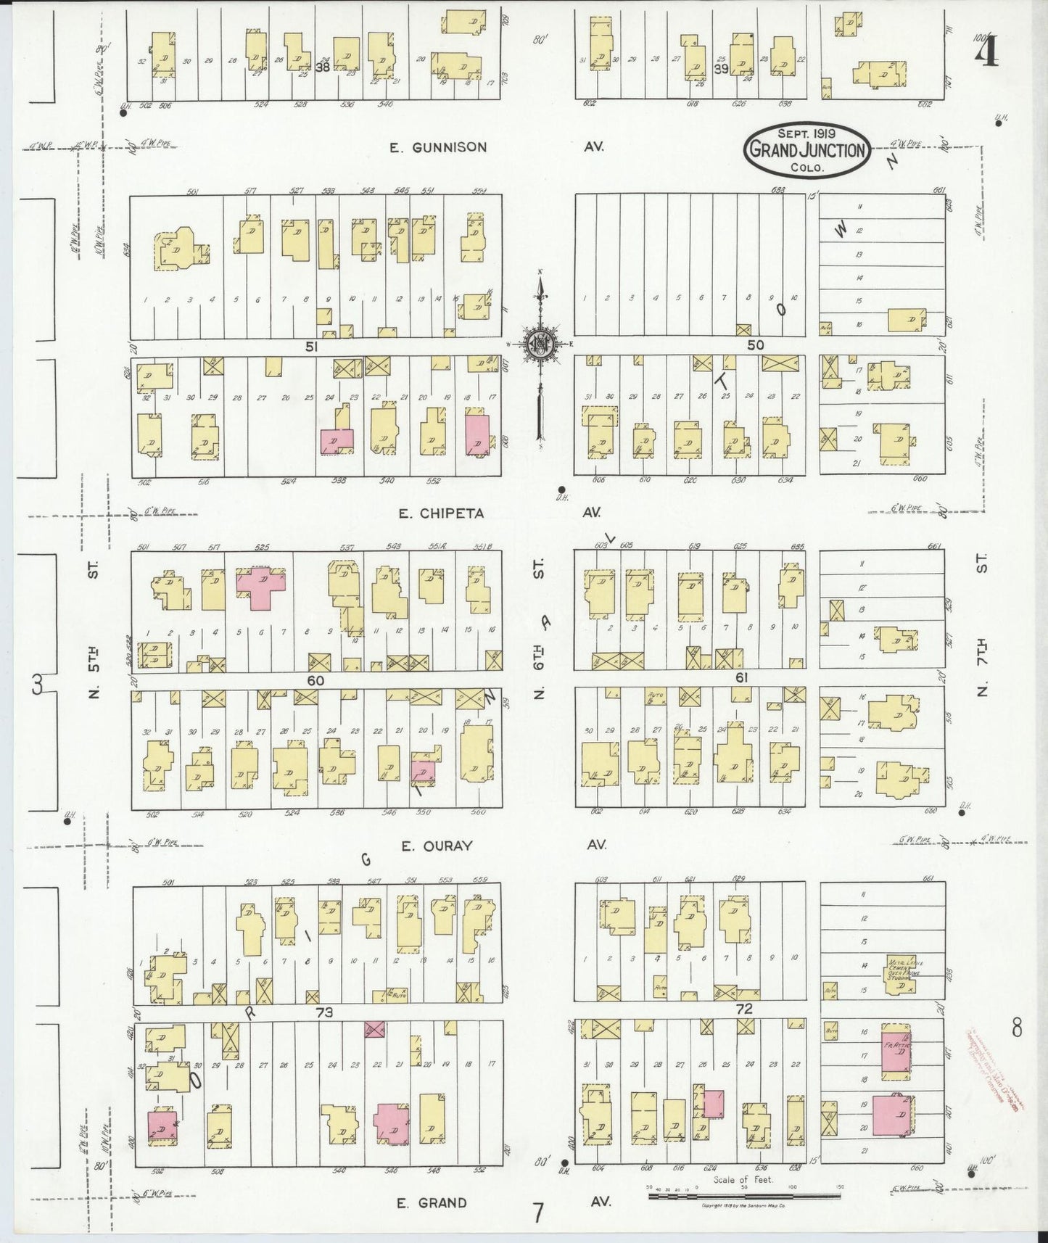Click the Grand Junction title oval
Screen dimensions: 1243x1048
(x=806, y=149)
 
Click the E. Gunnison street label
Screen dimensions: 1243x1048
(x=438, y=147)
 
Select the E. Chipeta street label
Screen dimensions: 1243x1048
(x=441, y=513)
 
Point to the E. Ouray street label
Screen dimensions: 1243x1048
(x=437, y=846)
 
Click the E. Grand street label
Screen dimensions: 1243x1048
(x=432, y=1202)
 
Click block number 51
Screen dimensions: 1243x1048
(x=311, y=347)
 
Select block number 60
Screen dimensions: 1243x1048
(x=315, y=681)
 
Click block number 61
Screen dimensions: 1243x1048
(x=741, y=677)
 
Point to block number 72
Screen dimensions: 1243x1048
(x=744, y=1009)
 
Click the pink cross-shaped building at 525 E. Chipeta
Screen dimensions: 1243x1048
(x=261, y=586)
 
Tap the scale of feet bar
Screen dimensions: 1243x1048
(x=743, y=1195)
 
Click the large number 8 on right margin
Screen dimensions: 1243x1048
(x=1016, y=1027)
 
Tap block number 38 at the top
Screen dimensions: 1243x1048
(x=322, y=67)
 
